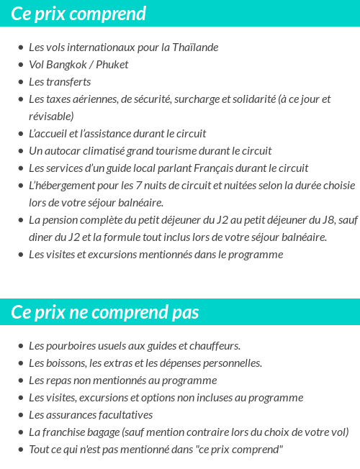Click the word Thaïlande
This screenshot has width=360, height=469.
(x=194, y=47)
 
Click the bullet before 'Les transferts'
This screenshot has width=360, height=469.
(x=20, y=82)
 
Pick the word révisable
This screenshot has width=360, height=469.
(x=51, y=117)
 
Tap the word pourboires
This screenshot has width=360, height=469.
(x=73, y=346)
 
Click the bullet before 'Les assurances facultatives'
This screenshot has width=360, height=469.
(x=20, y=415)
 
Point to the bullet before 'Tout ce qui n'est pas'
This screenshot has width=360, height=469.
(x=20, y=450)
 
